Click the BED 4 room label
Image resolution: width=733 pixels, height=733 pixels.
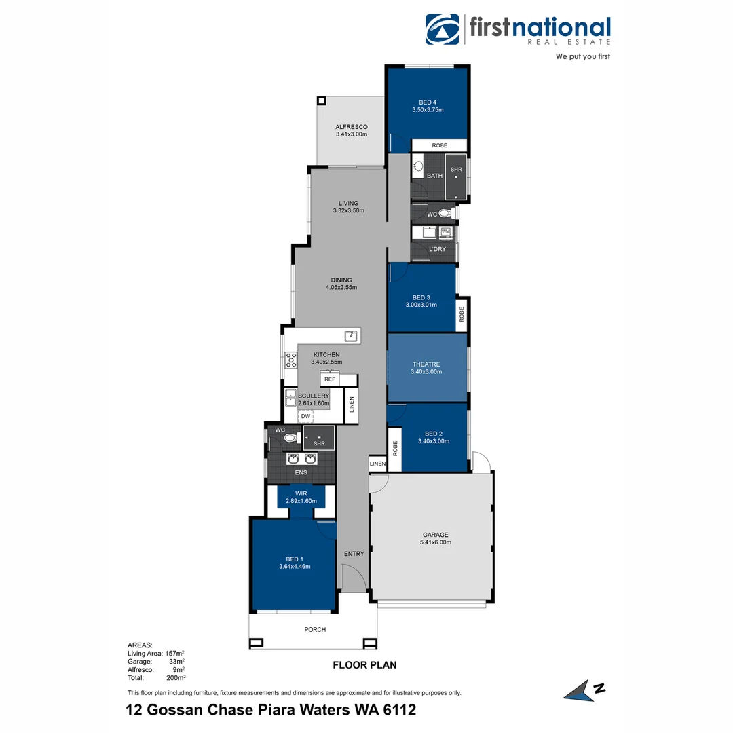[x=428, y=102]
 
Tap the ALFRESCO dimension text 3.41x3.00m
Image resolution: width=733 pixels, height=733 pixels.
[x=351, y=134]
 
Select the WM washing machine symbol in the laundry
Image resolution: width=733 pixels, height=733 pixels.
[x=446, y=232]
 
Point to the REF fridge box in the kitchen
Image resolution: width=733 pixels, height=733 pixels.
[x=330, y=379]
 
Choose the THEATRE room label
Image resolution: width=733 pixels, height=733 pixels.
[x=426, y=364]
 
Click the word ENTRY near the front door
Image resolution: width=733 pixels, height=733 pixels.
[x=354, y=554]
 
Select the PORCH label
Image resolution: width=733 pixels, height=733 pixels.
[x=315, y=630]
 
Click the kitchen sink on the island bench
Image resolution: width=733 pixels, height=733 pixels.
[x=351, y=335]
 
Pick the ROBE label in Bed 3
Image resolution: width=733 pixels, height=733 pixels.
[x=462, y=314]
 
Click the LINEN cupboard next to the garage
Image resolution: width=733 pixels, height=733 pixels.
[x=378, y=464]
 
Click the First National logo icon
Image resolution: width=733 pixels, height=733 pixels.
[x=442, y=30]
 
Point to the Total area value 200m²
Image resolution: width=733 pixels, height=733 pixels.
[x=176, y=677]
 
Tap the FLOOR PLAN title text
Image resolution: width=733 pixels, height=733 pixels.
[x=364, y=665]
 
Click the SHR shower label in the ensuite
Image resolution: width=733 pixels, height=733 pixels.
[x=319, y=444]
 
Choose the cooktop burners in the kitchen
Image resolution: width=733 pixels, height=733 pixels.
[x=290, y=359]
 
